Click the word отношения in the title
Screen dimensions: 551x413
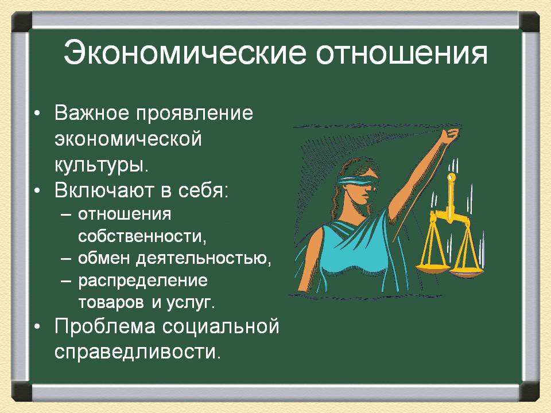(x=402, y=53)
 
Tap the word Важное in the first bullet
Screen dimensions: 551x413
(x=92, y=113)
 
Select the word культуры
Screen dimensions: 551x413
(x=102, y=165)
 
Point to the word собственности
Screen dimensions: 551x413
(x=142, y=236)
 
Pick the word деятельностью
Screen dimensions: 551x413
(x=204, y=259)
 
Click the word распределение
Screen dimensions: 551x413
(x=143, y=281)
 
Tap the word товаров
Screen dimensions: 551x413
(x=111, y=302)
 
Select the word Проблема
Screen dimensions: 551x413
(x=104, y=326)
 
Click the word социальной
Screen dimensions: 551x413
(x=220, y=326)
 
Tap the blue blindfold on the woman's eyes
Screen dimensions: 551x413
(x=358, y=181)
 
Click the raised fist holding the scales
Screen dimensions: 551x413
(x=451, y=135)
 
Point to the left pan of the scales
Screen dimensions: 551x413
(x=433, y=268)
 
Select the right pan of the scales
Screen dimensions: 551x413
(x=466, y=273)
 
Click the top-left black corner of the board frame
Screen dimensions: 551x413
(x=22, y=22)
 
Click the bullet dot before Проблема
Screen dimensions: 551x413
(x=37, y=326)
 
